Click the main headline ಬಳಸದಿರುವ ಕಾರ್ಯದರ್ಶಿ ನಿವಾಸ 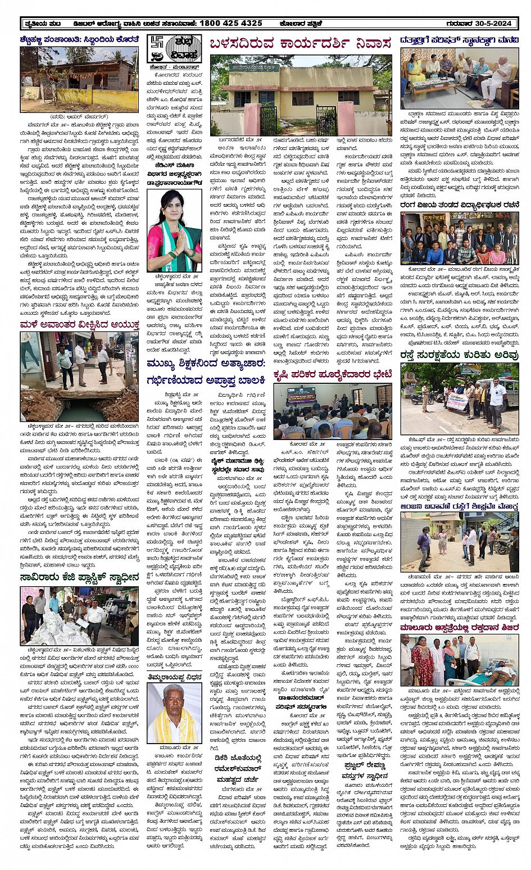click(300, 44)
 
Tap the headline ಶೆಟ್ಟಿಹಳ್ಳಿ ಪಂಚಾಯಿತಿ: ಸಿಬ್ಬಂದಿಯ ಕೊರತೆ click(79, 39)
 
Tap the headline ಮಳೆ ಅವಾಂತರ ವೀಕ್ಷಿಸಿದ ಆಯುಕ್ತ click(79, 325)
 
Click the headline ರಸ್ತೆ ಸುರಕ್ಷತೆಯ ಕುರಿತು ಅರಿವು click(459, 355)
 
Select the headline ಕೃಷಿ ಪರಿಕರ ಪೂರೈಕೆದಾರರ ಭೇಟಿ click(332, 374)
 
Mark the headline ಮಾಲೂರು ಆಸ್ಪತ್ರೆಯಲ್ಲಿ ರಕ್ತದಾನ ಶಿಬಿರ click(459, 627)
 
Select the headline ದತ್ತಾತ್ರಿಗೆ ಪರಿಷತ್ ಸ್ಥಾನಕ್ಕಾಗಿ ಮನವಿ click(459, 40)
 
